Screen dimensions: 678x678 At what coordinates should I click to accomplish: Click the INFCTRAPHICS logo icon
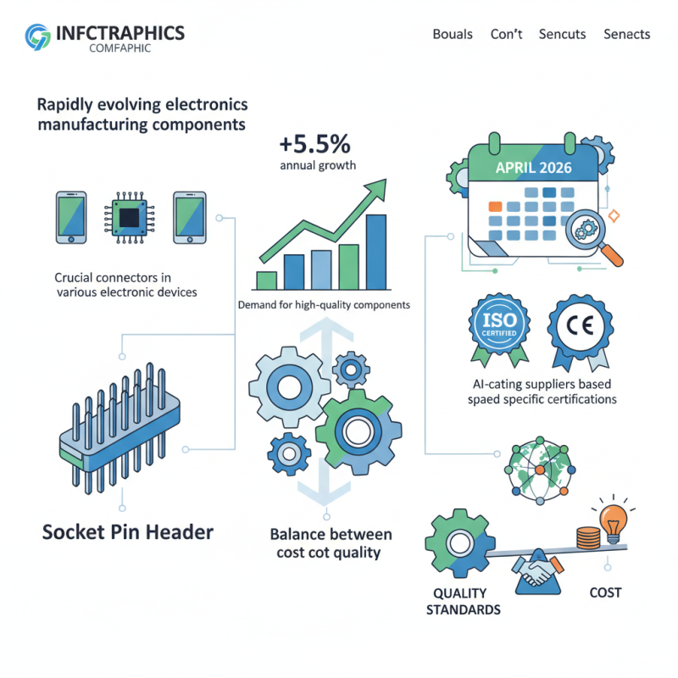point(37,36)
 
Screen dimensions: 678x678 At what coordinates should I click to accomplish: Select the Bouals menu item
point(453,35)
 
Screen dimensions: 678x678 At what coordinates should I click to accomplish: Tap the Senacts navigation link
point(626,35)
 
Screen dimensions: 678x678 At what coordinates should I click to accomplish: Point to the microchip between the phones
point(129,218)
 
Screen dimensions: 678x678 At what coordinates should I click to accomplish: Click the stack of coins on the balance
point(587,536)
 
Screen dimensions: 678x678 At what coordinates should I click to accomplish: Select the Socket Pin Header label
point(127,533)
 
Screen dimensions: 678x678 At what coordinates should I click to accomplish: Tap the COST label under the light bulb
point(605,592)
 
